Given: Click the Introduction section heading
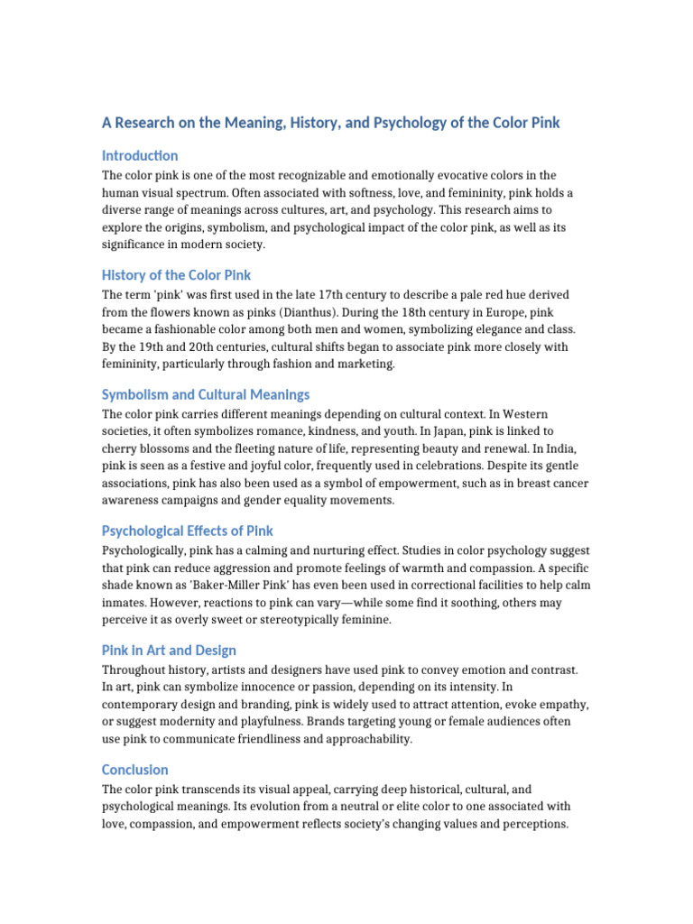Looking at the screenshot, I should tap(140, 155).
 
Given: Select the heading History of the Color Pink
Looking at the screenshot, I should tap(176, 274).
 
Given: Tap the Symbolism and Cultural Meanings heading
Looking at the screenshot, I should tap(206, 394).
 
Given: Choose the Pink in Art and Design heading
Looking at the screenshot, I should tap(170, 650).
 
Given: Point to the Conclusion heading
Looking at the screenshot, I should tap(135, 770).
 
